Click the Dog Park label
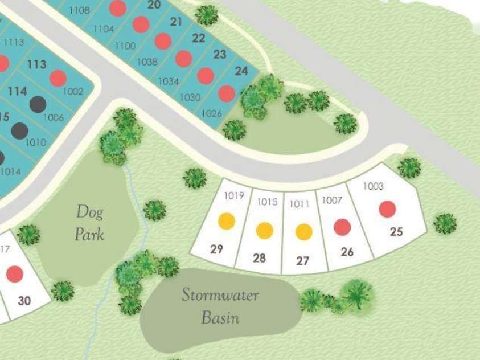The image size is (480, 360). pos(90,223)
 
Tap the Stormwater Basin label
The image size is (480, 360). pos(220,306)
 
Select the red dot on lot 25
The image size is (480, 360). pos(387,209)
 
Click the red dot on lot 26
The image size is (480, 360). pos(342,227)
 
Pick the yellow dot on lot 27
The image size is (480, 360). pos(303,232)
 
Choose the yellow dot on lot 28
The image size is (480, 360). pos(264,230)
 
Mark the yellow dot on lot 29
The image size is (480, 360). pos(227,221)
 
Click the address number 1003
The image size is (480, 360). pos(373,186)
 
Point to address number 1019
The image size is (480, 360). pos(233,195)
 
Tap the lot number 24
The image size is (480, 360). pos(241,71)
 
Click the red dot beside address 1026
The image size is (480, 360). pos(227,93)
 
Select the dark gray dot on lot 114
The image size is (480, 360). pos(38,104)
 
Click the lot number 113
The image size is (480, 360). pos(36,64)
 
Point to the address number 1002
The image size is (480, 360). pos(73,91)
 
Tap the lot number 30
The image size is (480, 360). pos(24,301)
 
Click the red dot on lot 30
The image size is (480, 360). pos(15,275)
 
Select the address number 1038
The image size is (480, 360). pos(147,62)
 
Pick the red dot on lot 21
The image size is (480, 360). pos(163,41)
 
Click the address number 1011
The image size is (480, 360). pos(300,203)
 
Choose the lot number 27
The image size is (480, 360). pos(303,261)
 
